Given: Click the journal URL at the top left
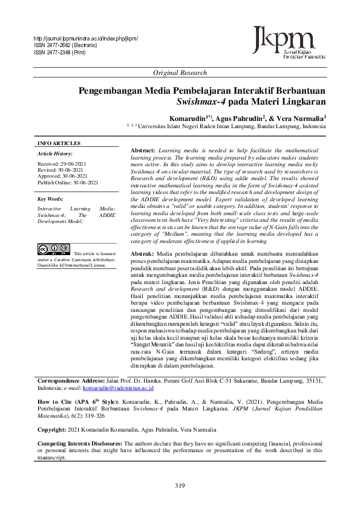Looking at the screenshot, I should [x=86, y=39].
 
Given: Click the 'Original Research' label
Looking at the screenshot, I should [x=180, y=73].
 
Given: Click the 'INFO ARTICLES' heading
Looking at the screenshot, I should [x=59, y=143].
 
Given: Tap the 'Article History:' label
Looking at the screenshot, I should [x=55, y=154].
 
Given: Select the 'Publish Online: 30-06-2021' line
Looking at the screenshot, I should [x=68, y=183].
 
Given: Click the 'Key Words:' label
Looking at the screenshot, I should [x=50, y=199].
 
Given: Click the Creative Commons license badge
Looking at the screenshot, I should [x=53, y=249].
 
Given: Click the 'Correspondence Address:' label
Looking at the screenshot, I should [x=71, y=381].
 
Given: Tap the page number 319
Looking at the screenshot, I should [x=180, y=487].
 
